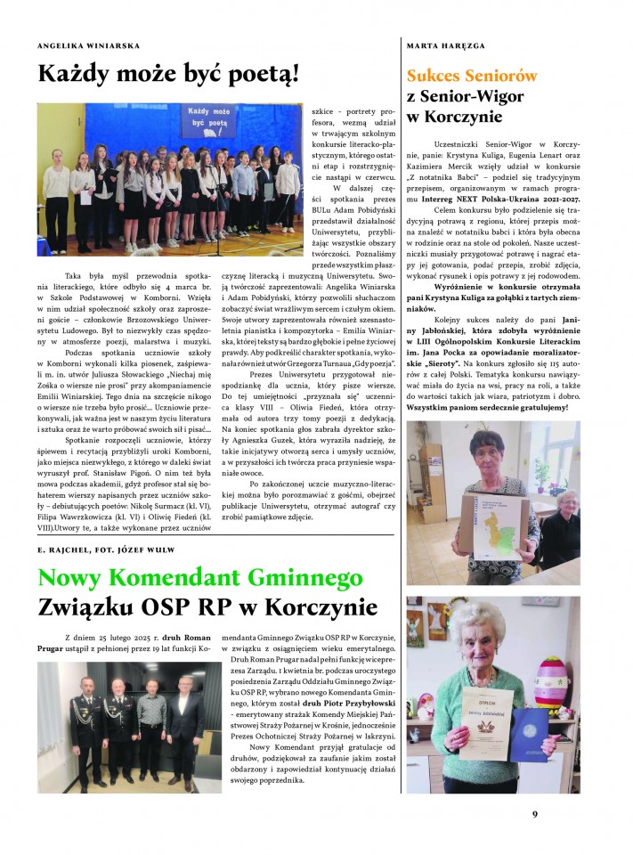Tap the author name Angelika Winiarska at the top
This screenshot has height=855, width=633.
[88, 45]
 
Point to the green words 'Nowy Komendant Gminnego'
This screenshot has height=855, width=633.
[194, 578]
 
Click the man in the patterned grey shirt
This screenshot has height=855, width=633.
[152, 721]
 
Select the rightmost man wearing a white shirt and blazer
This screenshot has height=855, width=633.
[186, 721]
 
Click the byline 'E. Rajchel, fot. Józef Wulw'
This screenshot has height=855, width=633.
[107, 550]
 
